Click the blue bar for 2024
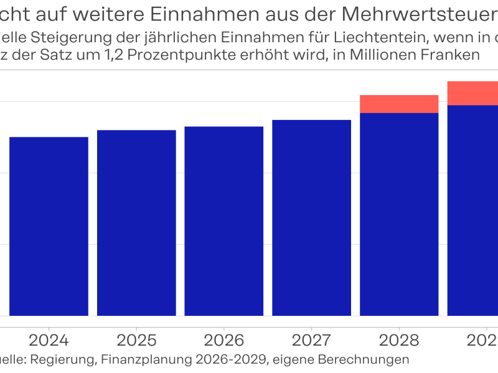tap(49, 226)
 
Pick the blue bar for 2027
tap(312, 218)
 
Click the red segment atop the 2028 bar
tap(399, 104)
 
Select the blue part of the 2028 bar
tap(399, 214)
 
